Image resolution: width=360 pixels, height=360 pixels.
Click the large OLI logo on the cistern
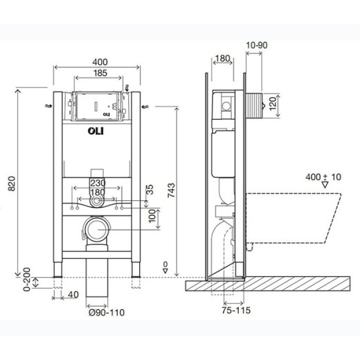[96, 129]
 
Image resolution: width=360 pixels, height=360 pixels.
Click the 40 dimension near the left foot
[73, 294]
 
